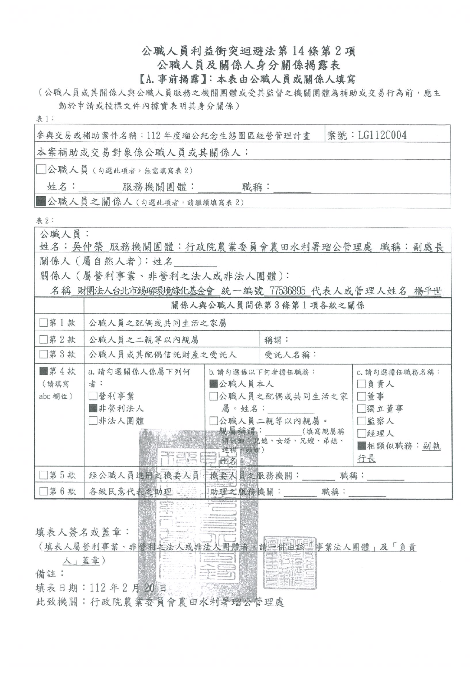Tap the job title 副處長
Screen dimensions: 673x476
click(x=428, y=247)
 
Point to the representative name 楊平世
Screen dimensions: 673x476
click(x=427, y=291)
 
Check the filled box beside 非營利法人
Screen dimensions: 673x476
click(x=93, y=408)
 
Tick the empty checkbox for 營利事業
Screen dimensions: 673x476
click(x=93, y=396)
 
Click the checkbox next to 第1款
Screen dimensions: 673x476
click(x=44, y=323)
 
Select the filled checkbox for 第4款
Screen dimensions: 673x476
click(x=44, y=371)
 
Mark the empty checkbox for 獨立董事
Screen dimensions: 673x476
click(x=361, y=409)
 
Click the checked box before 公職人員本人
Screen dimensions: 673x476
click(x=214, y=384)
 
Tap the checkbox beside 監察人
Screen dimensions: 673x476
click(x=361, y=421)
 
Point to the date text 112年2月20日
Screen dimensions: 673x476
click(x=128, y=588)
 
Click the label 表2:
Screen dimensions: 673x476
click(x=45, y=220)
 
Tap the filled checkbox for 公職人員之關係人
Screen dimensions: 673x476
click(x=41, y=202)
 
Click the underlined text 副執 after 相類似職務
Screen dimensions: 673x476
click(x=431, y=446)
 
